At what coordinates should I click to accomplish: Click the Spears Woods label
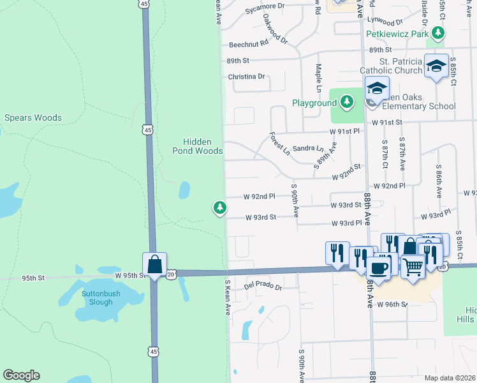tap(33, 117)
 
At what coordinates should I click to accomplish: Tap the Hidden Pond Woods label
tap(197, 146)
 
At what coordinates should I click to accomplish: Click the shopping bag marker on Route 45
tap(154, 264)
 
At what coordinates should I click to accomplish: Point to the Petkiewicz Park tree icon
tap(437, 33)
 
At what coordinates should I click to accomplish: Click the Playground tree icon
tap(346, 101)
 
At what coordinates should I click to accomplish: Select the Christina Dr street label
tap(246, 77)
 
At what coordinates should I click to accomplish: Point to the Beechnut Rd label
tap(249, 45)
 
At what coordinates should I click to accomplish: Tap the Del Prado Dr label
tap(263, 287)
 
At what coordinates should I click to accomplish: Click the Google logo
tap(21, 375)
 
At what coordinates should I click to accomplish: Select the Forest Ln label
tap(279, 144)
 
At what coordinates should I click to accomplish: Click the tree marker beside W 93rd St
tap(220, 207)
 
